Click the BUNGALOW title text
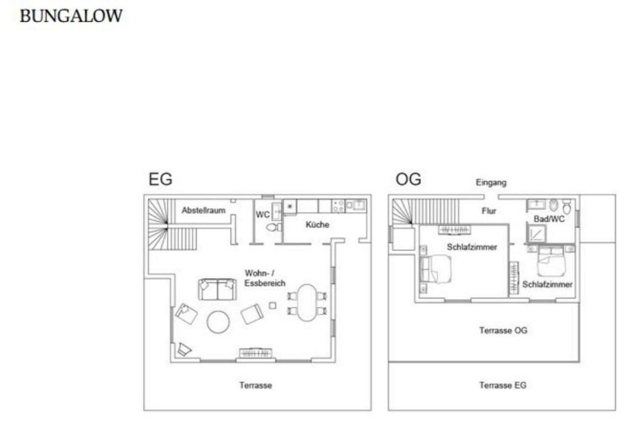click(x=71, y=15)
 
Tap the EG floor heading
click(x=161, y=179)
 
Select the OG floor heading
click(x=409, y=179)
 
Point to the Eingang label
click(x=491, y=182)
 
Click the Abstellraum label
click(x=203, y=210)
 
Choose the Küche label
click(x=317, y=224)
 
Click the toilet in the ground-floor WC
click(x=273, y=227)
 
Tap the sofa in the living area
click(x=218, y=289)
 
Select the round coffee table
click(x=219, y=322)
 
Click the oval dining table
click(x=307, y=303)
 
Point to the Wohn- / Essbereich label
click(x=264, y=278)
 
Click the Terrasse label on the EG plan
click(x=256, y=385)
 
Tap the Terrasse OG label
click(x=503, y=330)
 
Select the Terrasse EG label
click(x=503, y=385)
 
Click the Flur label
click(x=489, y=211)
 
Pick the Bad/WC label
click(x=549, y=219)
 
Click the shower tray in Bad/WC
click(x=537, y=234)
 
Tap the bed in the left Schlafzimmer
click(x=435, y=269)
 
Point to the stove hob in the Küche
click(x=338, y=206)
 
